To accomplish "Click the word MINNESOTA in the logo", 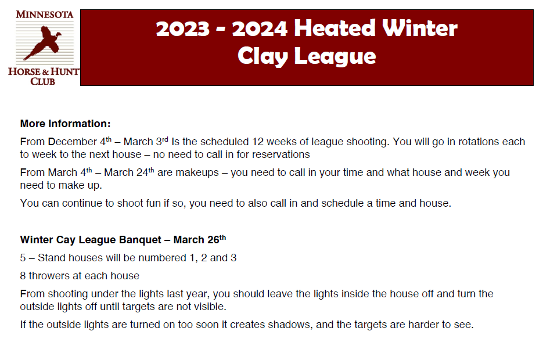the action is tap(45, 15).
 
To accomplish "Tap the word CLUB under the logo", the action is tap(42, 81).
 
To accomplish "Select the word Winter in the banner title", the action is tap(420, 28).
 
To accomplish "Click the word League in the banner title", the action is tap(335, 56).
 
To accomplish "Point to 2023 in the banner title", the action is tap(183, 28).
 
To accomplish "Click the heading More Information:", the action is tap(66, 124).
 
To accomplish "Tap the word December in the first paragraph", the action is tap(73, 142).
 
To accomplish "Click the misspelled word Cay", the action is tap(66, 240).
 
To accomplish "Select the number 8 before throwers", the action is tap(23, 276).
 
